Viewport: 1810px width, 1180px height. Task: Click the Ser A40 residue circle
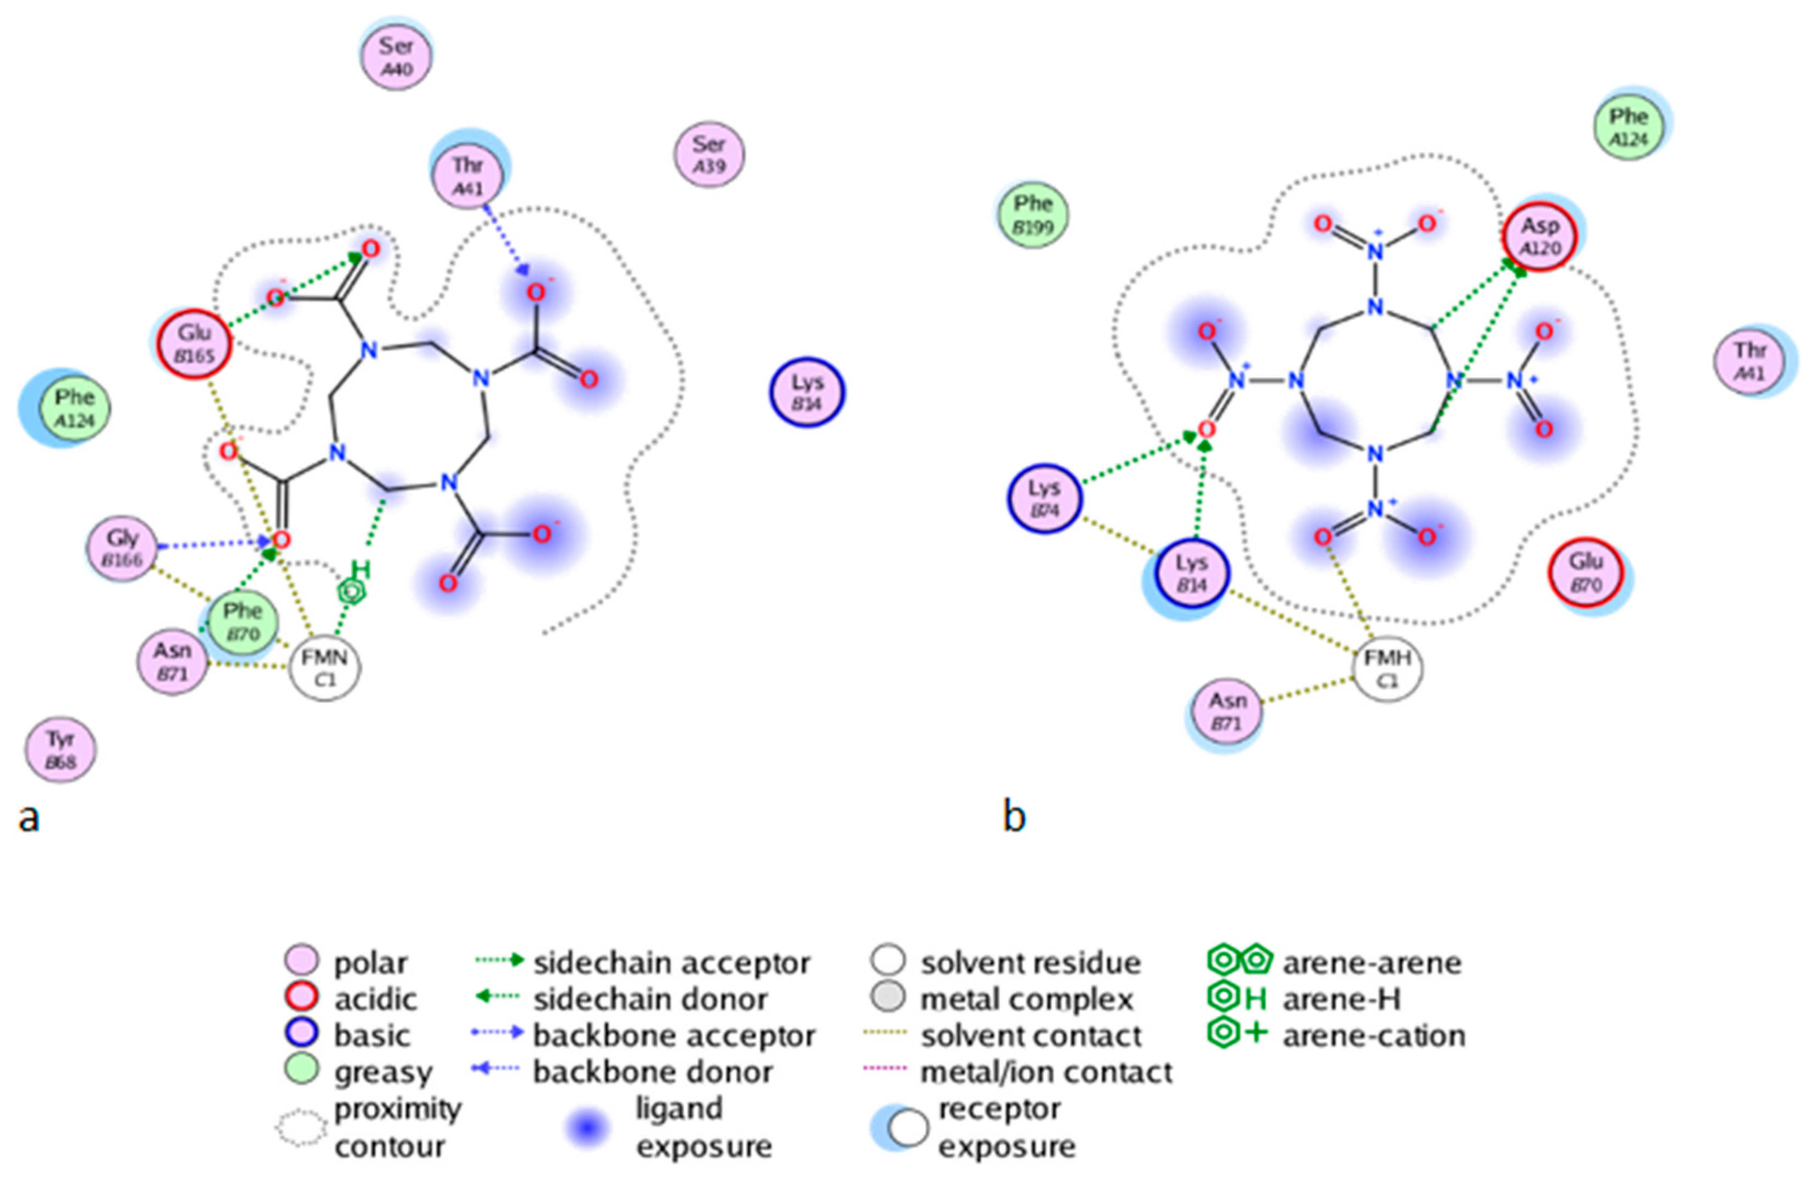(396, 57)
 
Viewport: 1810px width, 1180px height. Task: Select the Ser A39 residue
(709, 155)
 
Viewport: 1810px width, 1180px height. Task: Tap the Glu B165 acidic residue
(195, 344)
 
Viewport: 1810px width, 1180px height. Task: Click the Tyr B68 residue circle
(61, 749)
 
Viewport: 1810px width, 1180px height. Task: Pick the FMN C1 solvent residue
(324, 668)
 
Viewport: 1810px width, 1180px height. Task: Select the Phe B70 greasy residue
(242, 622)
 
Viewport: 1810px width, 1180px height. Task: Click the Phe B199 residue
(1032, 214)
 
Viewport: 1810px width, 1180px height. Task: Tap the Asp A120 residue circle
(1540, 236)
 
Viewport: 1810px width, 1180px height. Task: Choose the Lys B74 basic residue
(1044, 499)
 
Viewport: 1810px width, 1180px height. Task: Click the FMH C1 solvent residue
(1388, 668)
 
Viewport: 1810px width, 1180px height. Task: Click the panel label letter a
(29, 818)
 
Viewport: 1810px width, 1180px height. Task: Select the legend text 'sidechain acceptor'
(672, 963)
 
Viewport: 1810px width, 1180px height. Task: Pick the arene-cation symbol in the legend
(1236, 1034)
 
